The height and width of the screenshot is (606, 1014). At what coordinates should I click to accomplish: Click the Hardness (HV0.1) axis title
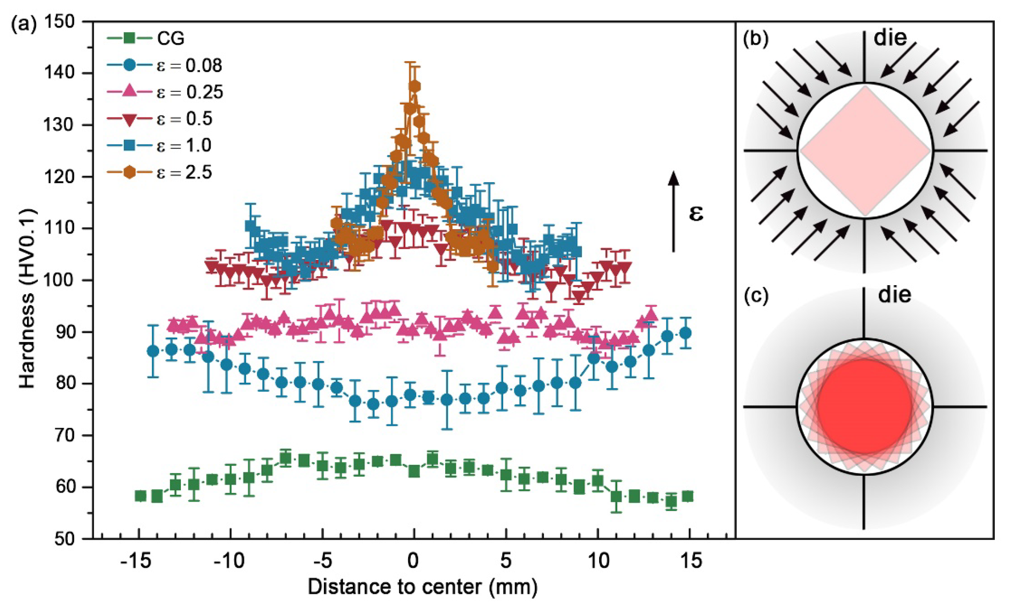pos(28,299)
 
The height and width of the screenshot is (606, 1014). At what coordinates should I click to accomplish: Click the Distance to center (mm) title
pos(422,587)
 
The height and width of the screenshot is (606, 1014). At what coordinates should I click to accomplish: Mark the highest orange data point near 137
pos(415,87)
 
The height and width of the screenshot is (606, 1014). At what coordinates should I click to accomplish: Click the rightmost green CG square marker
pos(688,497)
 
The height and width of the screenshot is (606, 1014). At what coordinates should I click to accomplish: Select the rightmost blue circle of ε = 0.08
pos(686,333)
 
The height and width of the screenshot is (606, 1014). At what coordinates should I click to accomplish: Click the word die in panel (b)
pos(890,38)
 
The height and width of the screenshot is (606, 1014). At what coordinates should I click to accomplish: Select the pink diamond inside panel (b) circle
pos(864,151)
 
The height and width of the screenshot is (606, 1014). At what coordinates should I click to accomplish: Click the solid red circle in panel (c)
pos(864,407)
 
